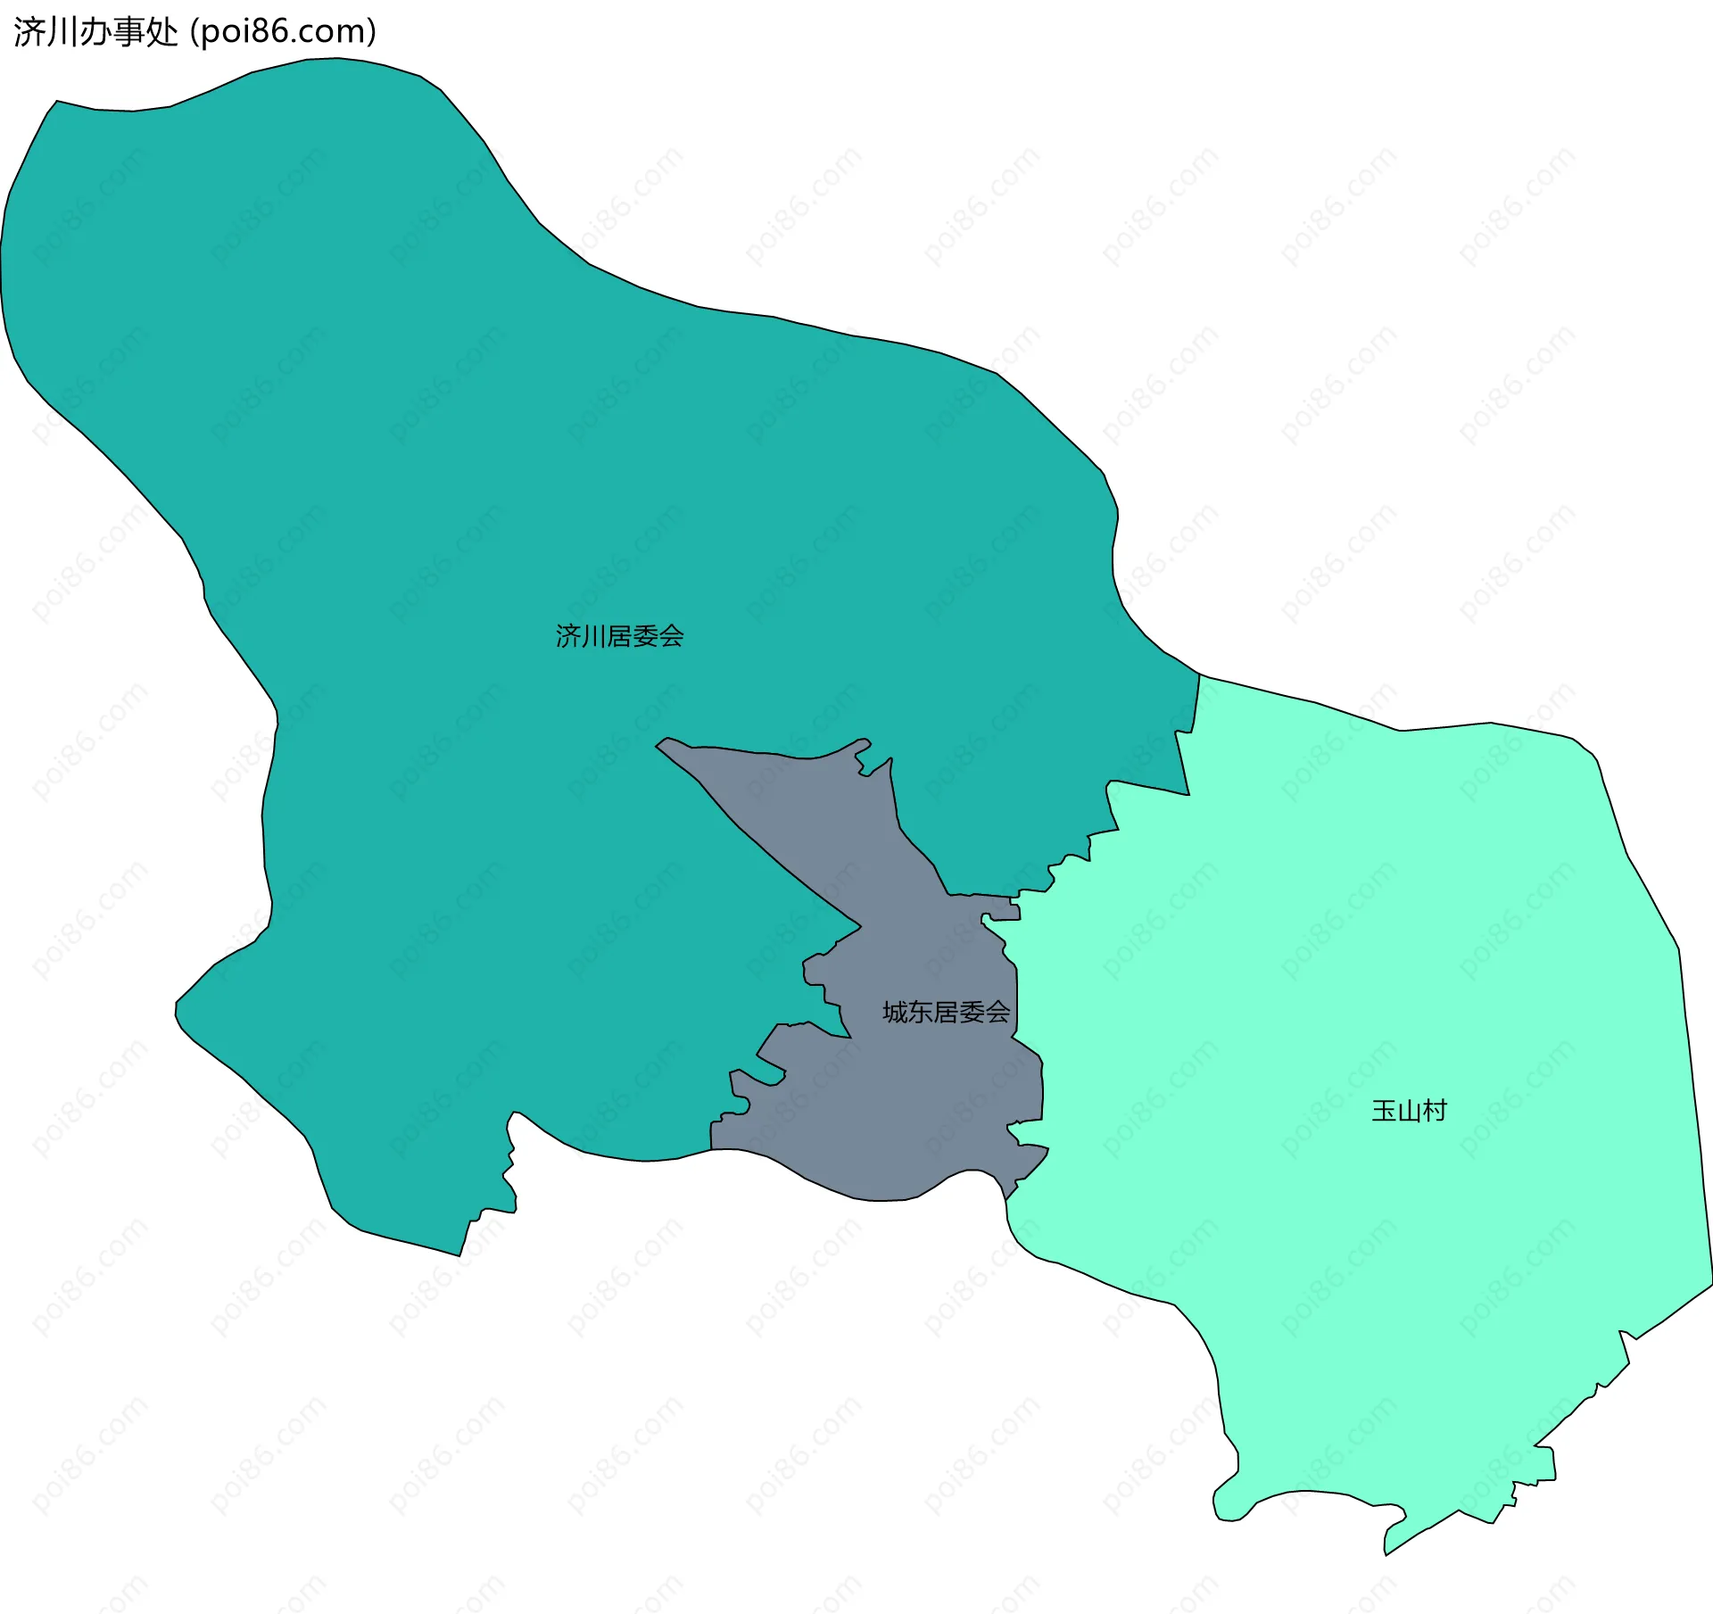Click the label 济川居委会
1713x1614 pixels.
pyautogui.click(x=619, y=636)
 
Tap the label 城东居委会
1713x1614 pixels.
pyautogui.click(x=946, y=1012)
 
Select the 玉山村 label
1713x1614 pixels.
pyautogui.click(x=1409, y=1111)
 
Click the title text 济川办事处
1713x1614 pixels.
pyautogui.click(x=95, y=32)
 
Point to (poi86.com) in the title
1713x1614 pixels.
pyautogui.click(x=284, y=32)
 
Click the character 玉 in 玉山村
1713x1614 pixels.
pyautogui.click(x=1384, y=1111)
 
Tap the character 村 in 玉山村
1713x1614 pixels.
pyautogui.click(x=1435, y=1111)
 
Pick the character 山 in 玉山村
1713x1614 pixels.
pyautogui.click(x=1409, y=1111)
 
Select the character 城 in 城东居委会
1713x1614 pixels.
pyautogui.click(x=895, y=1012)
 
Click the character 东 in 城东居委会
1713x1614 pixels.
pyautogui.click(x=921, y=1012)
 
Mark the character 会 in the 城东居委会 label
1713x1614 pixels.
pyautogui.click(x=997, y=1012)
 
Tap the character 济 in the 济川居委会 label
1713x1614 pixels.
pyautogui.click(x=568, y=636)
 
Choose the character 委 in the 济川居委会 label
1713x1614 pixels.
pyautogui.click(x=645, y=636)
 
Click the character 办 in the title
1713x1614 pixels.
pyautogui.click(x=95, y=32)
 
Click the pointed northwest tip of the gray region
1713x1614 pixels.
pyautogui.click(x=658, y=745)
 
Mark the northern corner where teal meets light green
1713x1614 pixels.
pyautogui.click(x=1199, y=675)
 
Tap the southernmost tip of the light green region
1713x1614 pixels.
pyautogui.click(x=1386, y=1554)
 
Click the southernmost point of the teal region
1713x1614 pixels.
pyautogui.click(x=459, y=1255)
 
